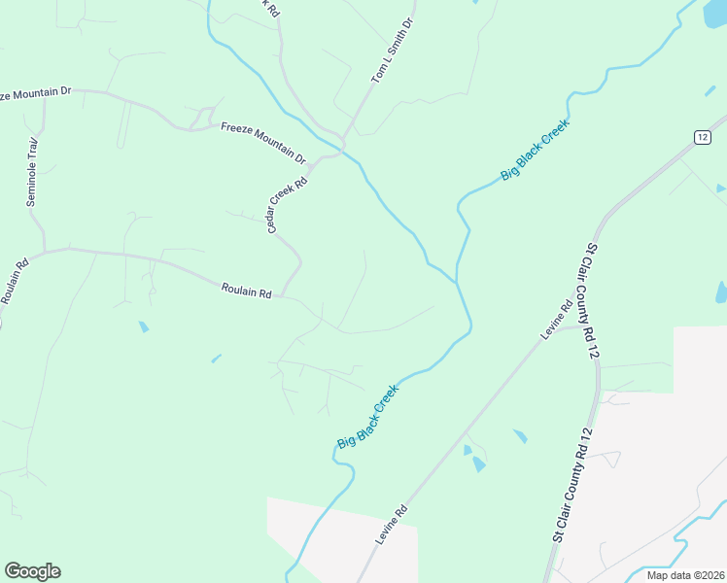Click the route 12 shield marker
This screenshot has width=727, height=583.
[x=702, y=137]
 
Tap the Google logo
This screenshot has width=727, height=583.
[x=32, y=571]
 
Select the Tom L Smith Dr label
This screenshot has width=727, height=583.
[x=393, y=51]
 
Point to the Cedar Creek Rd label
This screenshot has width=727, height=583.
[x=288, y=203]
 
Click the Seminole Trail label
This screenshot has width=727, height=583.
[x=32, y=171]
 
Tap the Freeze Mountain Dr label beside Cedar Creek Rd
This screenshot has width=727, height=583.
[x=262, y=142]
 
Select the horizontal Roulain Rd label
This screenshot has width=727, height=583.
[x=245, y=289]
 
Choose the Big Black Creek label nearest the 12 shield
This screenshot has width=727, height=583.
[x=534, y=150]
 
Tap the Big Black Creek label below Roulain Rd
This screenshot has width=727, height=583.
[x=368, y=415]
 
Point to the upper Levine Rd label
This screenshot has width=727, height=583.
[x=556, y=322]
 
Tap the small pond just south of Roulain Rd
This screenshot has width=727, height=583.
[x=144, y=326]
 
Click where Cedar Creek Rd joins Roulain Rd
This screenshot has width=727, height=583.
[x=281, y=295]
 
